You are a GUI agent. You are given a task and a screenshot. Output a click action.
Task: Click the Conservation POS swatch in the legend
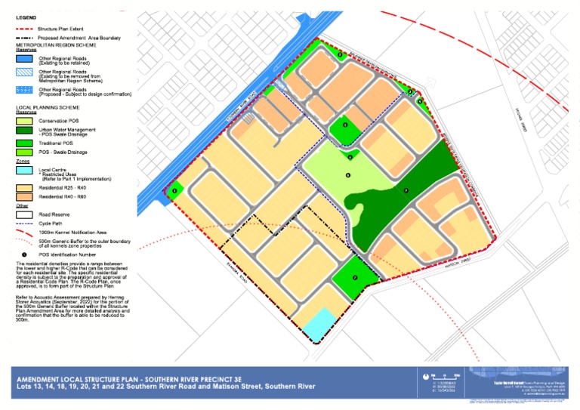click(26, 121)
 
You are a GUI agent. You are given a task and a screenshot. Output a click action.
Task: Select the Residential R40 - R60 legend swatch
click(26, 196)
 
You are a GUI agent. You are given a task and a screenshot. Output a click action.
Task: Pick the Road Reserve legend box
click(26, 214)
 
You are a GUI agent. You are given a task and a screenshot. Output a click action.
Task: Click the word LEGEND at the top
click(25, 17)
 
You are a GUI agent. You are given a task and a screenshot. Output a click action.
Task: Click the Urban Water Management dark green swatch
click(26, 131)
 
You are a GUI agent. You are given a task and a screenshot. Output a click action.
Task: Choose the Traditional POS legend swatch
click(26, 143)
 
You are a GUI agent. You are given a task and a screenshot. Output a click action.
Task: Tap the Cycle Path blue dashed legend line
click(26, 223)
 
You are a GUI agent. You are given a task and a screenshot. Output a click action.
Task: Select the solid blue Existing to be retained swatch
click(26, 58)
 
